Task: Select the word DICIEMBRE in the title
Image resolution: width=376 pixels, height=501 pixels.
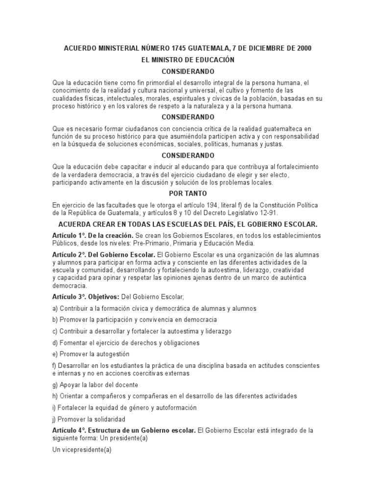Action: pyautogui.click(x=262, y=48)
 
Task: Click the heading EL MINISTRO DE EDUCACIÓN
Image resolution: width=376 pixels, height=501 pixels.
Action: pyautogui.click(x=188, y=60)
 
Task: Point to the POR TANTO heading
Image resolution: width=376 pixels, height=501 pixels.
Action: pyautogui.click(x=188, y=194)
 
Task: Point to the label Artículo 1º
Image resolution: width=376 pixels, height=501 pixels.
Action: pyautogui.click(x=69, y=235)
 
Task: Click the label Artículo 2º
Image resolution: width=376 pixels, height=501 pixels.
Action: pyautogui.click(x=69, y=255)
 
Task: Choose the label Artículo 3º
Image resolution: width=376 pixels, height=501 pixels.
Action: pyautogui.click(x=69, y=297)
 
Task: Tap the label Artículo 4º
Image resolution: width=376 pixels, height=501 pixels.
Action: pyautogui.click(x=69, y=431)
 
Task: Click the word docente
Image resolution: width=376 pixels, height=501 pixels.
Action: pyautogui.click(x=126, y=385)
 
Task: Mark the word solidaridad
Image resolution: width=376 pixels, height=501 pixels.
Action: pyautogui.click(x=107, y=419)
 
